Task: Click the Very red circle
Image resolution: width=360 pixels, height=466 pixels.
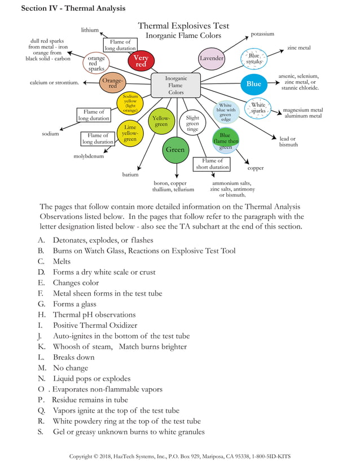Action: (x=141, y=61)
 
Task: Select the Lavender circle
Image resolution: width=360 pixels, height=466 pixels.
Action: (x=212, y=59)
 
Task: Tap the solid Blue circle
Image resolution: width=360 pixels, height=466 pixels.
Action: (x=254, y=84)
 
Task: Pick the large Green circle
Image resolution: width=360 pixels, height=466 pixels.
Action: (x=175, y=150)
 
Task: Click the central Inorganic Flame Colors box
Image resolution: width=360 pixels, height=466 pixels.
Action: (x=176, y=85)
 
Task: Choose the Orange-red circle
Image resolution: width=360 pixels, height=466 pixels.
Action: (x=112, y=83)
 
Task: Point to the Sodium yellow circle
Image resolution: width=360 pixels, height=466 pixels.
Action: (x=130, y=104)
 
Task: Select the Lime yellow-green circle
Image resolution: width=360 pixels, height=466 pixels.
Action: (x=130, y=133)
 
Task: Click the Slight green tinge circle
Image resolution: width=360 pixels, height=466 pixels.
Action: (x=192, y=124)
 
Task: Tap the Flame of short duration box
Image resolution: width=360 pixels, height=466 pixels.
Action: (x=212, y=164)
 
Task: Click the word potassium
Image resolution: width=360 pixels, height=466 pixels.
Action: (x=262, y=34)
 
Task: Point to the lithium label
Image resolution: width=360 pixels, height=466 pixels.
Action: (x=90, y=30)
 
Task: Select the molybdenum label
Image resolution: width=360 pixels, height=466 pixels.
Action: (x=89, y=156)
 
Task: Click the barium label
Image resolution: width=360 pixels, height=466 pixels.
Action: (x=130, y=174)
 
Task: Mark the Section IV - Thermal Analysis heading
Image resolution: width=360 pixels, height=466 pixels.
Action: (x=73, y=8)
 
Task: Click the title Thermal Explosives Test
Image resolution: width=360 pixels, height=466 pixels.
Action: (x=183, y=25)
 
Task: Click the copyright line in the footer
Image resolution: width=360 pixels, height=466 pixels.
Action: (x=180, y=456)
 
